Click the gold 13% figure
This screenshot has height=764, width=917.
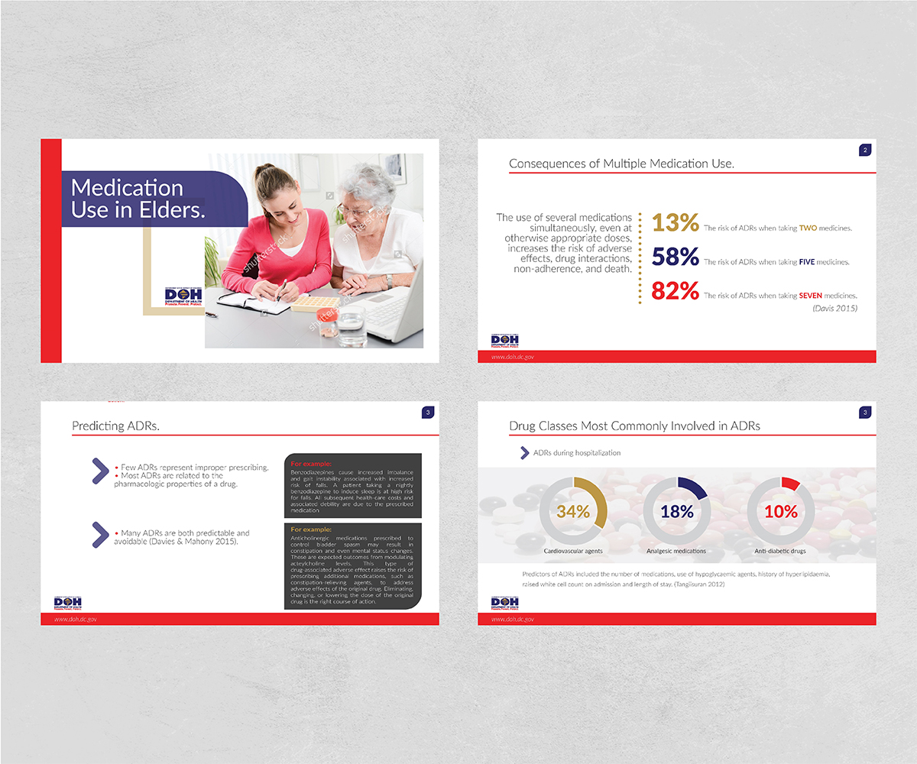pos(675,222)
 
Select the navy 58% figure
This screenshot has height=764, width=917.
pos(675,257)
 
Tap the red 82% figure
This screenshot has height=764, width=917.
pos(675,291)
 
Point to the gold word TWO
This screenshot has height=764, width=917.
pos(808,228)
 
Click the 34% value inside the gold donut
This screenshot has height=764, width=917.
pos(573,512)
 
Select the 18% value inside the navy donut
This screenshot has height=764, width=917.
pos(677,512)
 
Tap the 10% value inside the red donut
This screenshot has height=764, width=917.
pos(780,512)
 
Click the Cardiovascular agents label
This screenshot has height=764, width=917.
pos(573,551)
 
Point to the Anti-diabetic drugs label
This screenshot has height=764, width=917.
pos(780,551)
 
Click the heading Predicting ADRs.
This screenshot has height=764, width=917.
pos(115,426)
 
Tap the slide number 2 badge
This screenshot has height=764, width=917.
pos(864,151)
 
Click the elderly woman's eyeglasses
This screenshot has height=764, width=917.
pos(356,209)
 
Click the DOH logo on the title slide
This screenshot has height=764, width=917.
pos(183,296)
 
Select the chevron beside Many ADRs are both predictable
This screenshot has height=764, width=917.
pos(99,535)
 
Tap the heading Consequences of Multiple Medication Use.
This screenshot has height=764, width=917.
pos(621,163)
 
